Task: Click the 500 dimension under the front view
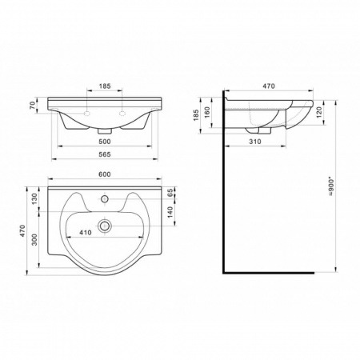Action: click(x=105, y=142)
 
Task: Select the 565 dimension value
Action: click(x=105, y=154)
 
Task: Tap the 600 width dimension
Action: click(x=105, y=174)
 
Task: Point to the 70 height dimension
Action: click(x=33, y=106)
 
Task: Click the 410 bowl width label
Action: click(x=86, y=233)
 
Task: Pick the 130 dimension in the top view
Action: click(x=35, y=198)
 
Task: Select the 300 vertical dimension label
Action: click(x=35, y=239)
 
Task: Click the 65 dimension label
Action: click(x=170, y=193)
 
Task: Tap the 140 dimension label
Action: click(x=170, y=212)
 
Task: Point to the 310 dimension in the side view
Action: click(x=255, y=142)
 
